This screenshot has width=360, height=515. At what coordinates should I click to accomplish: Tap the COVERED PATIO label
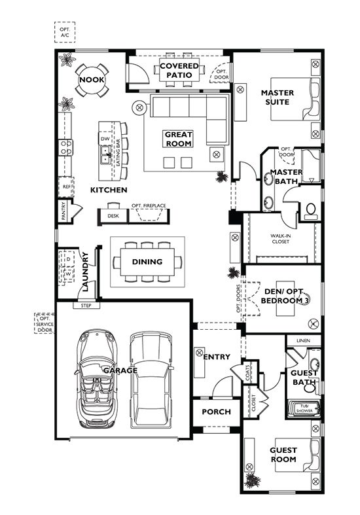point(178,70)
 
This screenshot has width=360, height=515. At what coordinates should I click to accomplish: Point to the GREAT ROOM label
point(178,139)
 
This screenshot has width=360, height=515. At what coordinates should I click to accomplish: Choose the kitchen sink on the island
point(105,154)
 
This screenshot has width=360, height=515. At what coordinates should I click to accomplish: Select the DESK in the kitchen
point(113,215)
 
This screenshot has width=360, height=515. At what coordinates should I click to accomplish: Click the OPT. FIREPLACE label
point(149,206)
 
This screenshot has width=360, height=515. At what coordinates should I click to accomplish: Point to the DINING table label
point(147,262)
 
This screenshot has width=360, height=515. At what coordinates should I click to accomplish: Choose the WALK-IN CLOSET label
point(281,240)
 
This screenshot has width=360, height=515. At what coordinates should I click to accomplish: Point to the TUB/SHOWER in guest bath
point(305,408)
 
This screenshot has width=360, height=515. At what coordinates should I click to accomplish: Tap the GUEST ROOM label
point(283,455)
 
